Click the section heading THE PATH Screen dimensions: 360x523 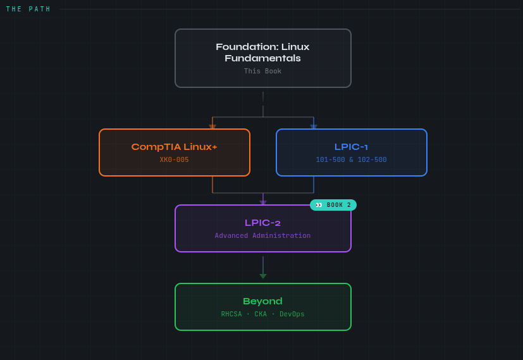click(x=28, y=9)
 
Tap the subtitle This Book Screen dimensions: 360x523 click(x=262, y=71)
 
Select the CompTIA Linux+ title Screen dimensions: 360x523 click(x=174, y=147)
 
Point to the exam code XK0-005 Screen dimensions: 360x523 click(x=174, y=160)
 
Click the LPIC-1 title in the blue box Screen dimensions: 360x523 click(x=351, y=147)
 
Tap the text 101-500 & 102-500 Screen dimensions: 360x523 click(x=351, y=160)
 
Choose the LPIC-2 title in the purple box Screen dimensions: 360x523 click(x=262, y=223)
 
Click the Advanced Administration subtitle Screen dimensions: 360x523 click(x=262, y=236)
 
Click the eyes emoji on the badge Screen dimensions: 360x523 click(x=319, y=205)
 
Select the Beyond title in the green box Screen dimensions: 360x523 click(x=262, y=301)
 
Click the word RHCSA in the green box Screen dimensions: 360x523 click(x=231, y=314)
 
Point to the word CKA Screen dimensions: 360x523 click(x=261, y=314)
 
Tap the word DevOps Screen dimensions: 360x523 click(x=292, y=314)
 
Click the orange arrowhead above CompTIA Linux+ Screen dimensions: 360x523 click(x=212, y=127)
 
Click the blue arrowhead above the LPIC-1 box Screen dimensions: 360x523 click(x=314, y=127)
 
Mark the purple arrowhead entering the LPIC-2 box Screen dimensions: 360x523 click(x=263, y=202)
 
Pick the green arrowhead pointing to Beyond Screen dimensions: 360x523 click(x=263, y=276)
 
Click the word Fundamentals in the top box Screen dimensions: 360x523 click(x=262, y=58)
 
